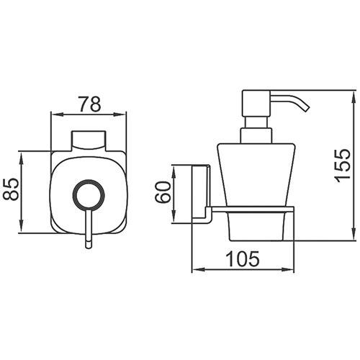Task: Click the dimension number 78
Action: (x=90, y=104)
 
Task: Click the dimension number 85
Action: (x=11, y=189)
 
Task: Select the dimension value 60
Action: (x=163, y=192)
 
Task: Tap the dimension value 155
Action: (x=343, y=166)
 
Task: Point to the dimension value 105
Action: (x=243, y=259)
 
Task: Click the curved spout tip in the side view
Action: (x=307, y=109)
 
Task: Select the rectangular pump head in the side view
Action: (x=256, y=104)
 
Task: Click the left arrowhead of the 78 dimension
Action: (x=55, y=114)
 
